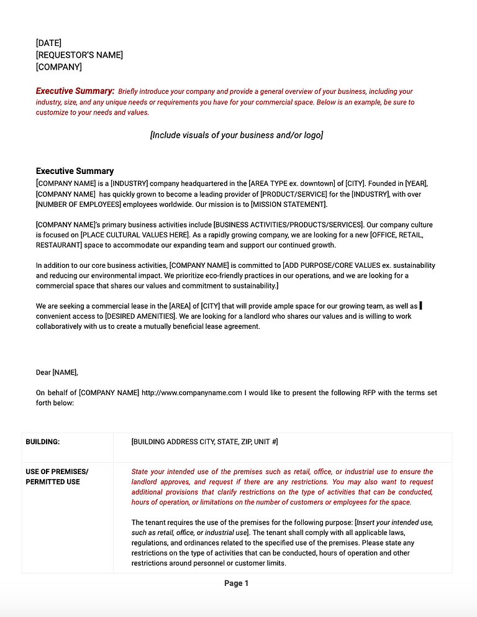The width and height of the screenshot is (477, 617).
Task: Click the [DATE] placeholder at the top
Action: coord(48,43)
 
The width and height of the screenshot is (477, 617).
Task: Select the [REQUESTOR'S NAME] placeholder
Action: coord(79,55)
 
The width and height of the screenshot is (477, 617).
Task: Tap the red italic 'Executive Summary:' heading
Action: coord(75,91)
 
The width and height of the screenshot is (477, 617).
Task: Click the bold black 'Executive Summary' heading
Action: coord(75,171)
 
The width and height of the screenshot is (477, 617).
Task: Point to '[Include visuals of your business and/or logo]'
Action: coord(236,135)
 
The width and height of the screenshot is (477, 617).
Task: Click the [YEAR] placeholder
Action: coord(416,183)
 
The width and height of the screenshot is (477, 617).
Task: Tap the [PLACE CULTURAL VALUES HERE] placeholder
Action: coord(134,235)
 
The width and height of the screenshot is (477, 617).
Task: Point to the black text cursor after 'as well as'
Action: coord(421,306)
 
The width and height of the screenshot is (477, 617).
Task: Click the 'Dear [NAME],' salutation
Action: coord(57,373)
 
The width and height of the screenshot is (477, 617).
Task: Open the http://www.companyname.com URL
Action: coord(191,393)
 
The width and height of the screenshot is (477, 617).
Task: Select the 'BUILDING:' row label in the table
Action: coord(42,442)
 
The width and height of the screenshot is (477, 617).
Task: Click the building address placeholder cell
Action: coord(204,442)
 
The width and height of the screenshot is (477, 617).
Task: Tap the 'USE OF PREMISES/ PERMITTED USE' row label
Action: coord(57,477)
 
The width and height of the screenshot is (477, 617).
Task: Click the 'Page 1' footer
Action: coord(236,583)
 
